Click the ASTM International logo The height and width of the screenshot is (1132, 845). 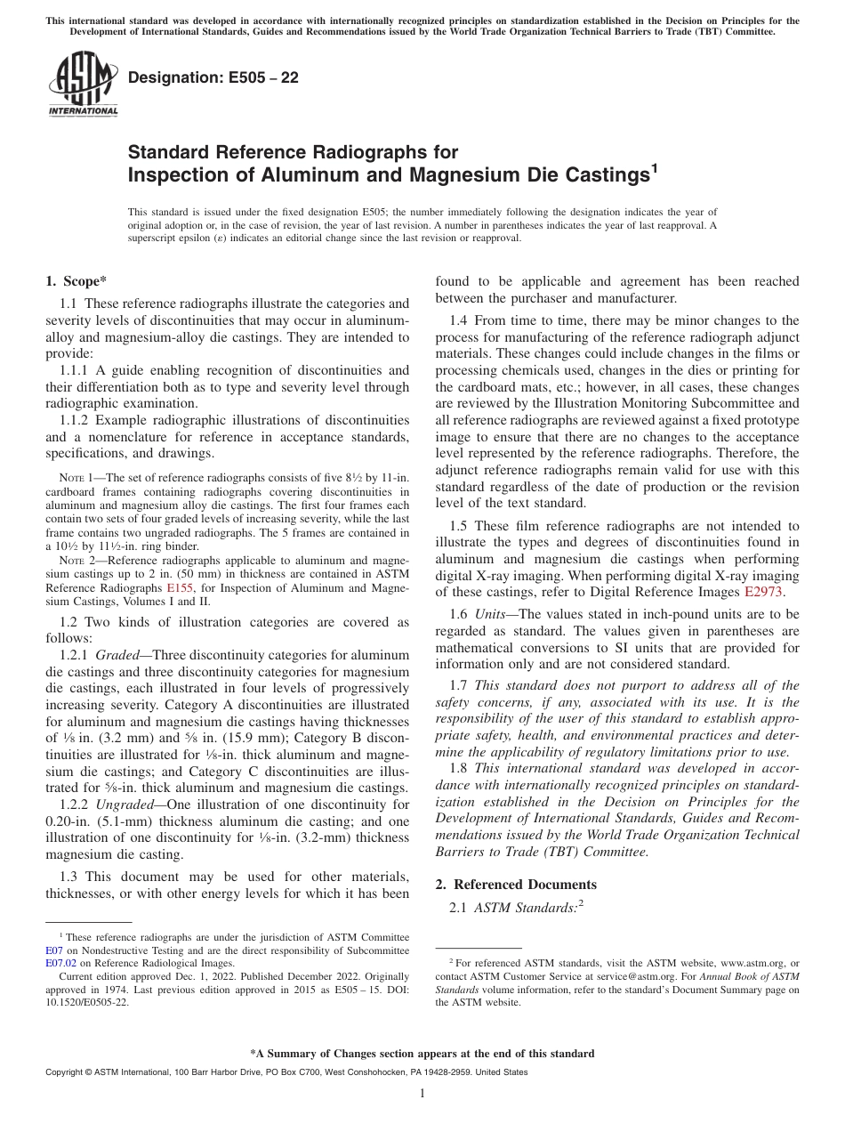coord(82,85)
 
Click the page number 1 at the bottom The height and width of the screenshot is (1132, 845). coord(422,1094)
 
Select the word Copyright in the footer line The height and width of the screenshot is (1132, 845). coord(66,1072)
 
